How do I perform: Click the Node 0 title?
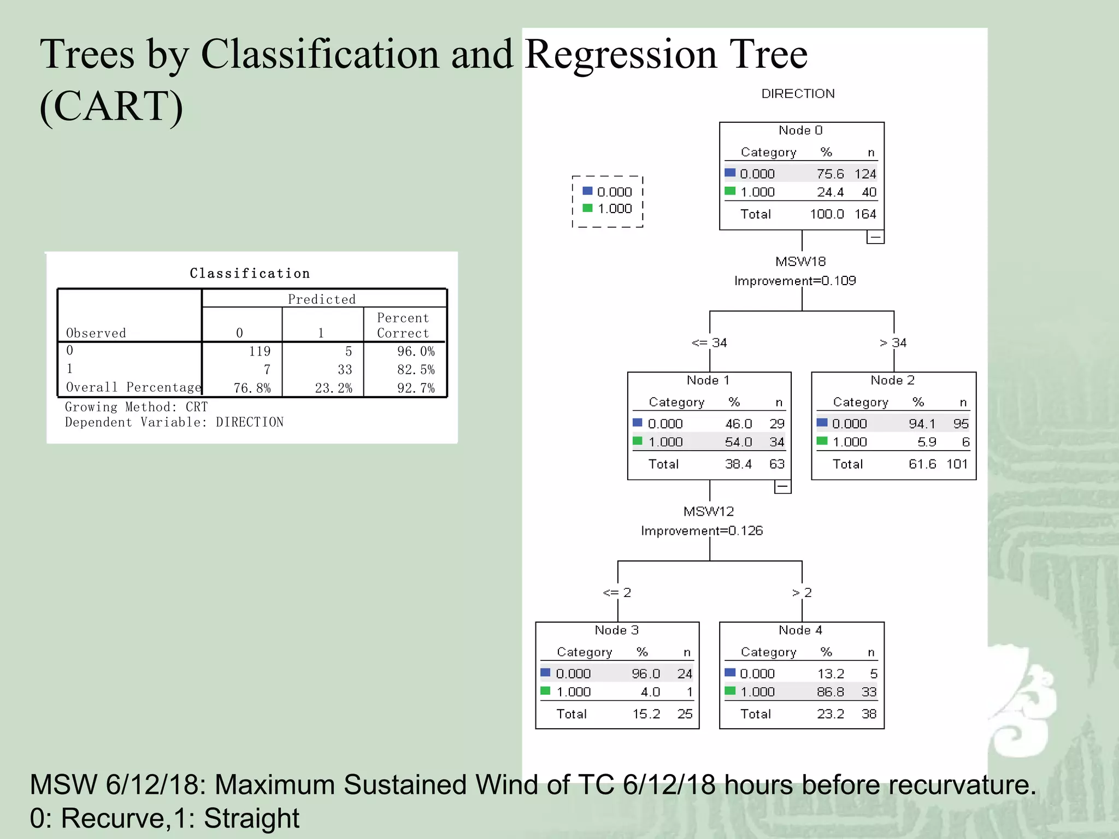pos(800,130)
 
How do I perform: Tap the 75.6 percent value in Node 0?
pos(830,174)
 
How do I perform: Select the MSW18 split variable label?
pos(800,262)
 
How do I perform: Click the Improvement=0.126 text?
pos(702,531)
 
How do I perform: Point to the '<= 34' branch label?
pos(709,343)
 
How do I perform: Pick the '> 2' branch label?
pos(802,593)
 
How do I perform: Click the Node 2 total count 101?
pos(957,464)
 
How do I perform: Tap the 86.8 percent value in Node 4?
pos(830,692)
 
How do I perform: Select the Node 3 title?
pos(616,630)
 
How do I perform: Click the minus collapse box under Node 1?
pos(782,486)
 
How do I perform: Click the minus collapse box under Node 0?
pos(875,237)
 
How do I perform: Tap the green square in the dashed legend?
pos(588,208)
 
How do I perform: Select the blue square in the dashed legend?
pos(588,191)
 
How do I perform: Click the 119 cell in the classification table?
pos(260,351)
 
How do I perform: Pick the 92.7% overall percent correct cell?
pos(416,388)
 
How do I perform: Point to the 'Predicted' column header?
pos(322,299)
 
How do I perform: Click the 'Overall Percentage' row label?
pos(133,387)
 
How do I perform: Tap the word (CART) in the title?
pos(111,106)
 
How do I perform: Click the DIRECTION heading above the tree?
pos(798,94)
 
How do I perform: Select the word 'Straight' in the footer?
pos(251,818)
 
